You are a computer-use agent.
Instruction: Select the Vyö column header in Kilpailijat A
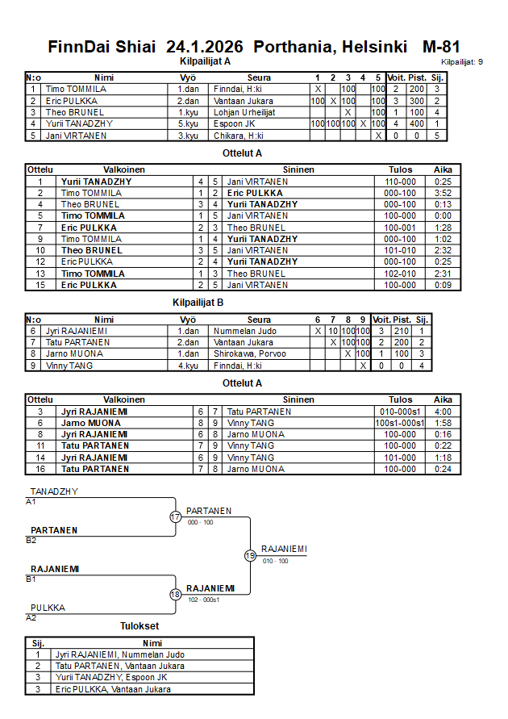tap(187, 77)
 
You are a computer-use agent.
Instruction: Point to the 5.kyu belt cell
tap(187, 123)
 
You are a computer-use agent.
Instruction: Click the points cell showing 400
tap(417, 123)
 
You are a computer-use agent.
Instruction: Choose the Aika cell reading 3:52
tap(443, 194)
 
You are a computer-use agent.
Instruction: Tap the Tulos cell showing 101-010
tap(400, 250)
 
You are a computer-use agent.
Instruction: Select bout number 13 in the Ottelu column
tap(40, 274)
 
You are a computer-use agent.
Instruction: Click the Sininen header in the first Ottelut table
tap(298, 170)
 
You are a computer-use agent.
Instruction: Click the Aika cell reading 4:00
tap(443, 412)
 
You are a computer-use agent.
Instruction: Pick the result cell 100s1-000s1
tap(400, 423)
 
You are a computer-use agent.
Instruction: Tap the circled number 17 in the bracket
tap(175, 516)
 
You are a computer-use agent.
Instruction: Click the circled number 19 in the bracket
tap(250, 555)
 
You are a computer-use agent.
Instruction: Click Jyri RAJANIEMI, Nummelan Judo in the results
tap(120, 654)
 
